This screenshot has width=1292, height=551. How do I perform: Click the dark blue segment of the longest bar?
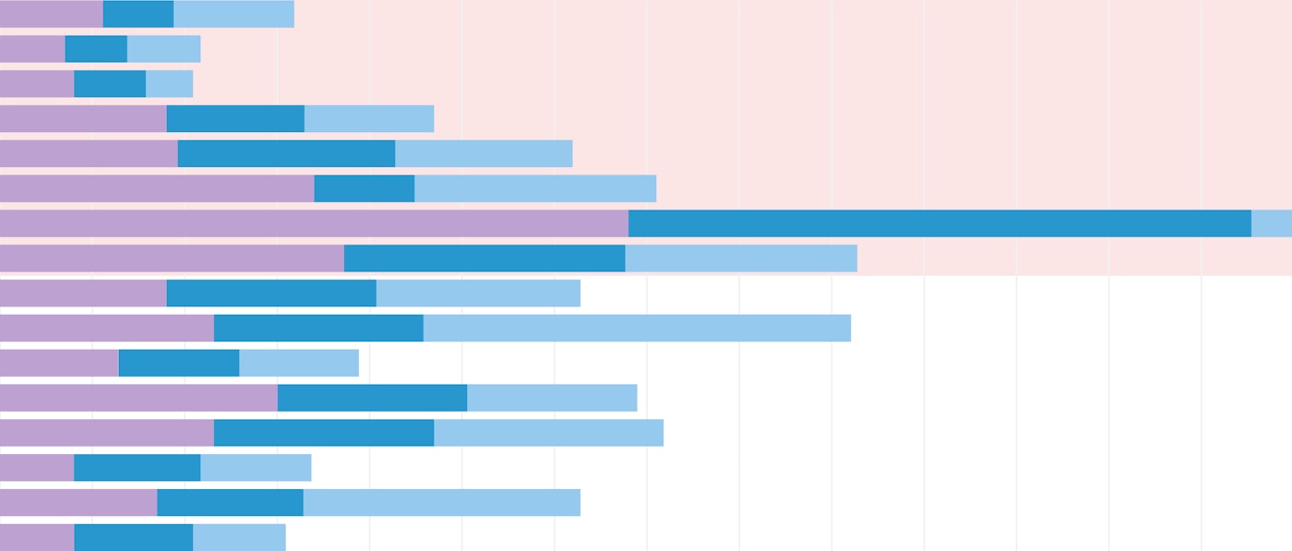coord(939,223)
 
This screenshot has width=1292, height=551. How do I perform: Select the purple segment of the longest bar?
coord(314,223)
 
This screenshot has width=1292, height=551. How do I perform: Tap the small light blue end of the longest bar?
coord(1272,223)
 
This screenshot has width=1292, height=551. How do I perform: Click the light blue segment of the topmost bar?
coord(233,14)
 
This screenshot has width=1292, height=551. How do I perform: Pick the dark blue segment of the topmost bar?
coord(138,14)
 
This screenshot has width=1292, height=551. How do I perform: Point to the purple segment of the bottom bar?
coord(37,537)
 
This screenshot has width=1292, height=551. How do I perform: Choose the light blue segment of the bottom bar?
coord(239,537)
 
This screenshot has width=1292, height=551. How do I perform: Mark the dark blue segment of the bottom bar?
coord(133,537)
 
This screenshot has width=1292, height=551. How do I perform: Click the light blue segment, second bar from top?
coord(163,49)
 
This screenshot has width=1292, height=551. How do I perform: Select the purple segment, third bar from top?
coord(37,84)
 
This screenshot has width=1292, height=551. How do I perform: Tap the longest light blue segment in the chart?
coord(637,329)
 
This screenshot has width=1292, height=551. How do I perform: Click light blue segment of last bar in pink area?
coord(741,258)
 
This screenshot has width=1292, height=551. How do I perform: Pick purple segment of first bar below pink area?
coord(83,293)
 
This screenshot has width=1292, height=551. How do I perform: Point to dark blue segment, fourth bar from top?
coord(235,119)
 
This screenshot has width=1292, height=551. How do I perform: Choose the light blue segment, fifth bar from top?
coord(484,153)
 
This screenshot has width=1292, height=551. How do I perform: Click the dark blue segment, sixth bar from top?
coord(365,188)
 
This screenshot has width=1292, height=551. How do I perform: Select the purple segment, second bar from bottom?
coord(78,503)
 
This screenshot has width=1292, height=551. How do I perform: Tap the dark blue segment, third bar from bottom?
coord(137,468)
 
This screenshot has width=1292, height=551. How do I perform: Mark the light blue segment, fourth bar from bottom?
coord(548,433)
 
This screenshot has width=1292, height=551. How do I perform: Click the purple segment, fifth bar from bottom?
coord(138,398)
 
